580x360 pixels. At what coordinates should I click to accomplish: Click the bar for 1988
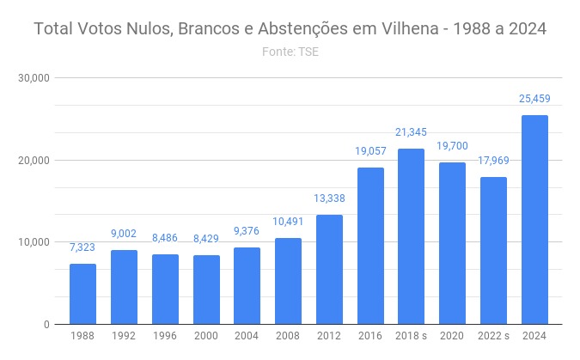[x=82, y=294]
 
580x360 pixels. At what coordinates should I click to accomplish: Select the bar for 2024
[x=534, y=220]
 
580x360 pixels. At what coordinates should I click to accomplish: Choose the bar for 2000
[x=206, y=290]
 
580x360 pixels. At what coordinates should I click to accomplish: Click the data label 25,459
[x=534, y=99]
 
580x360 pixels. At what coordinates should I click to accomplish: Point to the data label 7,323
[x=82, y=247]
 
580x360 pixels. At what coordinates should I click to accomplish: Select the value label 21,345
[x=412, y=132]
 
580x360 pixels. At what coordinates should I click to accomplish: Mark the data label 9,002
[x=124, y=234]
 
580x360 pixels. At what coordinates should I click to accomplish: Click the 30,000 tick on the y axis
[x=34, y=78]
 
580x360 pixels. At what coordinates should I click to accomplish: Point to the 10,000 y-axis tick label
[x=34, y=242]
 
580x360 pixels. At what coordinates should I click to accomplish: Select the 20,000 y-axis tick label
[x=34, y=161]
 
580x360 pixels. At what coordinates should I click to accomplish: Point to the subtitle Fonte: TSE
[x=290, y=52]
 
